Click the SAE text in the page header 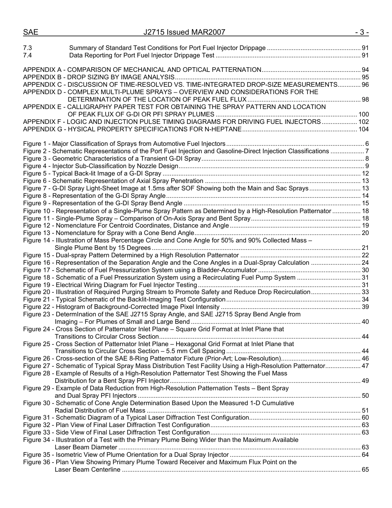31,32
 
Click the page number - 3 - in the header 361,32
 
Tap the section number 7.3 28,48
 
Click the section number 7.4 28,55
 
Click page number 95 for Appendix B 365,77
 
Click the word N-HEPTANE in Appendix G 224,129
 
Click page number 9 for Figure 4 367,166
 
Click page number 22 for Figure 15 365,255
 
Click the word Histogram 71,307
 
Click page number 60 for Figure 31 365,418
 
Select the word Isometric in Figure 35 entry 69,455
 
